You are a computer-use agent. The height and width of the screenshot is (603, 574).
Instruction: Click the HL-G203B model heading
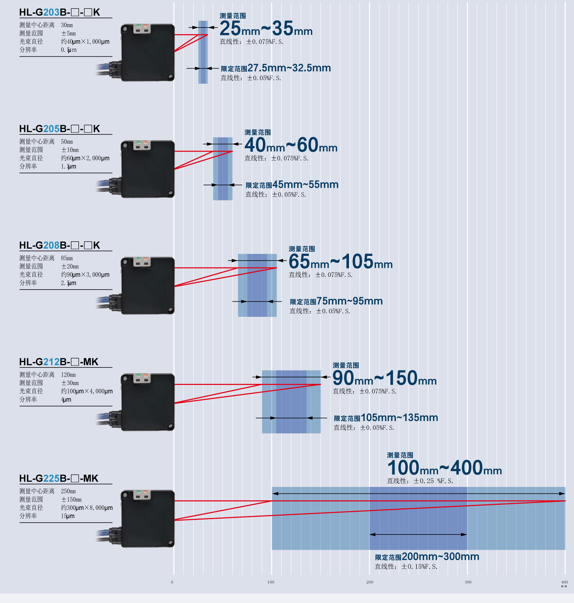pos(60,12)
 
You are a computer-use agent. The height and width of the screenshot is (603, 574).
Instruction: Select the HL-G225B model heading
pos(59,478)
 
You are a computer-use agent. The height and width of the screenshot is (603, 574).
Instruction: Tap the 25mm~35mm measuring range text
pos(266,28)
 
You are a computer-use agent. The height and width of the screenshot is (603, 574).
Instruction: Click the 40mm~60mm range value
pos(291,145)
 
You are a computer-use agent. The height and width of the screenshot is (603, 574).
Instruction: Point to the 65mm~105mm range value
pos(341,261)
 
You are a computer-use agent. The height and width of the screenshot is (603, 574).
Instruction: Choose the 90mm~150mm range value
pos(385,378)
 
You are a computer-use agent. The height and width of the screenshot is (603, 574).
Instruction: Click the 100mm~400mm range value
pos(445,468)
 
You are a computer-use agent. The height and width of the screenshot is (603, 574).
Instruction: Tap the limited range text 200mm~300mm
pos(440,557)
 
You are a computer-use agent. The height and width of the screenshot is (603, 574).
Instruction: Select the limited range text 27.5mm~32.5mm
pos(289,68)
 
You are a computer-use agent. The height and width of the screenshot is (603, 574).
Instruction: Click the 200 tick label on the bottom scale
pos(370,582)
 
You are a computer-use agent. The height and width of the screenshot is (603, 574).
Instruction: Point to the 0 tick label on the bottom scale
pos(172,582)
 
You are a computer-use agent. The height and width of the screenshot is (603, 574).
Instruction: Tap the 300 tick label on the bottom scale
pos(468,582)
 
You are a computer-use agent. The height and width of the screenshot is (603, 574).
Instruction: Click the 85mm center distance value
pos(67,258)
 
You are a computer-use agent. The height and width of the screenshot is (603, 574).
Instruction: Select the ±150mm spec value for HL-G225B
pos(72,500)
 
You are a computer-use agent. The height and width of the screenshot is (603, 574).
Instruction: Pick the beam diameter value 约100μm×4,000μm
pos(87,391)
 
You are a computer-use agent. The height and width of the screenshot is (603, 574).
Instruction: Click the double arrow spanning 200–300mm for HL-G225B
pos(418,534)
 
